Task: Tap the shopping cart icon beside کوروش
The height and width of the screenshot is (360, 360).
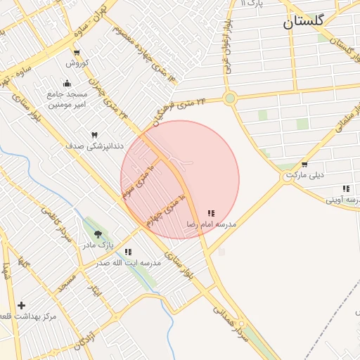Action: (77, 53)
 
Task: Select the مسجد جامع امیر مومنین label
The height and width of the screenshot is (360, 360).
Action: (67, 99)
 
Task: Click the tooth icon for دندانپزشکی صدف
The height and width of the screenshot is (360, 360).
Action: (94, 134)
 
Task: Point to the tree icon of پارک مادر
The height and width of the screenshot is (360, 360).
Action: (97, 234)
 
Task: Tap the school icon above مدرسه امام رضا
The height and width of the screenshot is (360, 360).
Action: (211, 213)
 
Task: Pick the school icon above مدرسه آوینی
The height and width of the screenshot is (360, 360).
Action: (345, 188)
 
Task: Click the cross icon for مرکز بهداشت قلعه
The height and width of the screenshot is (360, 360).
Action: (22, 305)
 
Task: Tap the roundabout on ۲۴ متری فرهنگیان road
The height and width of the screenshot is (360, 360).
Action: (229, 98)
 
